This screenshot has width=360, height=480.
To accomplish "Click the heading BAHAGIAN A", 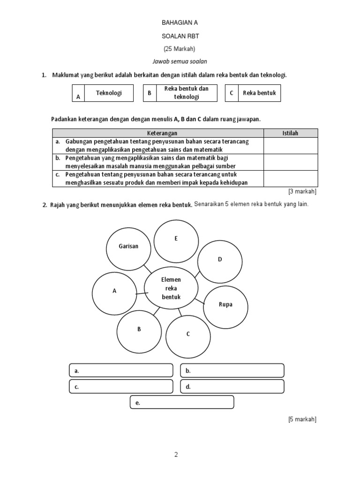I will coord(177,22).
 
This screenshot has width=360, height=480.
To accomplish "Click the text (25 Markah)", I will coord(179,49).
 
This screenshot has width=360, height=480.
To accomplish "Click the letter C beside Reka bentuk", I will coord(232,93).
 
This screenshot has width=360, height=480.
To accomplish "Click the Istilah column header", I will coord(290,133).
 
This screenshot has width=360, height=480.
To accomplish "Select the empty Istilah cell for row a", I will coord(290,146).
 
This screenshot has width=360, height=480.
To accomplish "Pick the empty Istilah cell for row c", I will coord(290,179).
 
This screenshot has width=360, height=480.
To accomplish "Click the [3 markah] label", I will coord(302,191).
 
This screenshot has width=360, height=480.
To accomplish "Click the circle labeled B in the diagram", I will coord(139,330).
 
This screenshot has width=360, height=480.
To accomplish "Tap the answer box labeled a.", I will coord(121,371).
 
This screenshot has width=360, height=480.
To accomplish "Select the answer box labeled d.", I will coord(232,387).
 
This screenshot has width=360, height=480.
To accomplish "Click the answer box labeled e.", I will coord(181,403).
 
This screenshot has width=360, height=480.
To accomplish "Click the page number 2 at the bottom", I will coord(176,455).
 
